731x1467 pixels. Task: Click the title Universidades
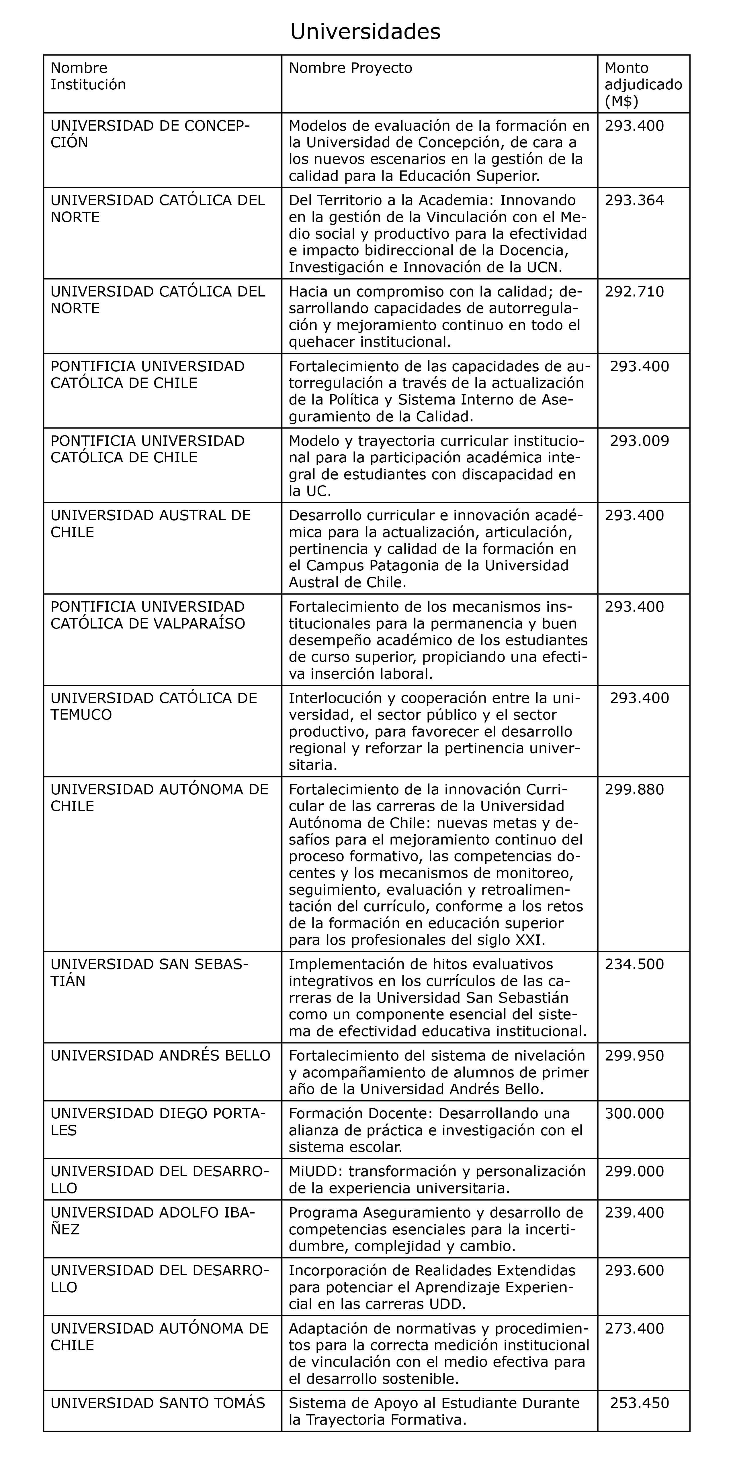(x=365, y=32)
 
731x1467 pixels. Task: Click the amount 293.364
(x=634, y=201)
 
